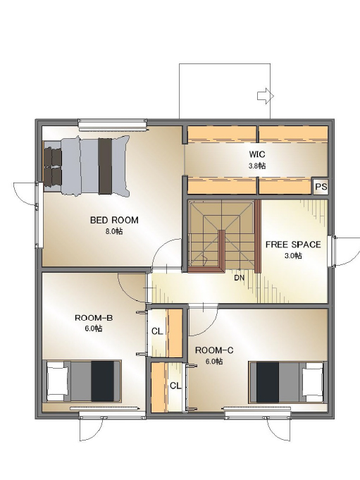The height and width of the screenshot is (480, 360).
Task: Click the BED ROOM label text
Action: click(x=114, y=220)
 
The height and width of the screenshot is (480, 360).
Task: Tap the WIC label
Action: click(x=257, y=154)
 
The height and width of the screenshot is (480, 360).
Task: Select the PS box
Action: click(x=321, y=186)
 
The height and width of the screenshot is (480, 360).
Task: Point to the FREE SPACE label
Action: click(x=293, y=245)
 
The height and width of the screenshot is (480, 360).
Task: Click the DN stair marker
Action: click(x=240, y=278)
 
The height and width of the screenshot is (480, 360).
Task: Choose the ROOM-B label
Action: click(x=94, y=318)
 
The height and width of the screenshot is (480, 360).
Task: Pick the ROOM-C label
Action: click(x=214, y=350)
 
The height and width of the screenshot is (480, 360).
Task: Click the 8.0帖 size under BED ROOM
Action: click(x=114, y=231)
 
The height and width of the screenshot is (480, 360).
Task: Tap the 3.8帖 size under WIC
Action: click(x=257, y=166)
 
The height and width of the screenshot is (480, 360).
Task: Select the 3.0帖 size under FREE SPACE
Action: click(x=293, y=255)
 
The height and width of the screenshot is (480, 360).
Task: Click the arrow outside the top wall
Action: click(x=265, y=96)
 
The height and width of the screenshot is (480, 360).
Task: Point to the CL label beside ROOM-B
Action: click(x=157, y=331)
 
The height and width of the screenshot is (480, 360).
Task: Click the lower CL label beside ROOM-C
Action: click(x=175, y=386)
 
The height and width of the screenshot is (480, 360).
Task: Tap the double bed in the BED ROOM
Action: click(x=86, y=166)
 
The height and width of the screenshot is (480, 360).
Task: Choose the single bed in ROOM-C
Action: click(x=286, y=382)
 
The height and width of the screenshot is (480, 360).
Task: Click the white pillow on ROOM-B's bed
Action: click(x=57, y=381)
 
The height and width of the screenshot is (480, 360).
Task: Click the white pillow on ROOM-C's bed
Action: click(x=313, y=382)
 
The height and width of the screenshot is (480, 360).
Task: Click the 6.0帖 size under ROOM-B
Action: click(x=94, y=328)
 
